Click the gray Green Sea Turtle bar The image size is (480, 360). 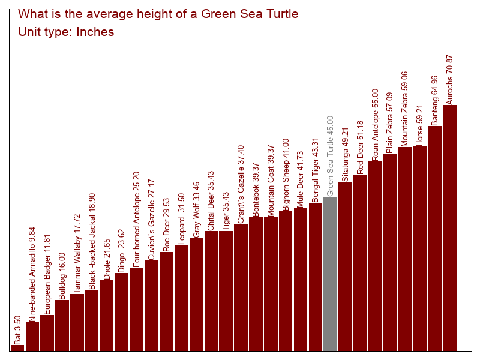[x=330, y=274]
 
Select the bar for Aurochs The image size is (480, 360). [x=449, y=228]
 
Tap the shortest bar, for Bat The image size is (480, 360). [x=17, y=348]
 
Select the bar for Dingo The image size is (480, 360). [x=122, y=312]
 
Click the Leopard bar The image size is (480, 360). [x=181, y=298]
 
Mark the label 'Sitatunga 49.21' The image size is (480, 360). [x=345, y=154]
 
